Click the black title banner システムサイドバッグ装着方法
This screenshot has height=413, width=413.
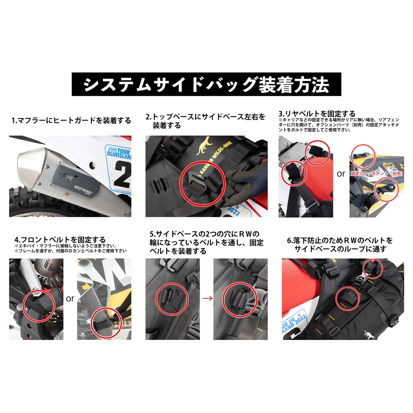tap(206, 84)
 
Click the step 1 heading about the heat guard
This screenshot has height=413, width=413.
tap(71, 121)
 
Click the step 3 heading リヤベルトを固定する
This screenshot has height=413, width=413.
tap(317, 114)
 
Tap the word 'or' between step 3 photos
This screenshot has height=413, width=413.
tap(341, 174)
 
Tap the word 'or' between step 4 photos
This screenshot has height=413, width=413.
tap(70, 299)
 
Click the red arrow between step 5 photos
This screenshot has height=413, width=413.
tap(207, 298)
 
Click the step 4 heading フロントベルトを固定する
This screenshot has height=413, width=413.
tap(60, 240)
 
